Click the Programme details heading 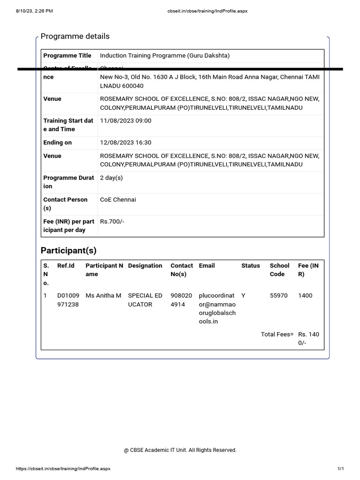(x=75, y=37)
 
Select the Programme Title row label (x=67, y=56)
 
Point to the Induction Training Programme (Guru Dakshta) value (x=165, y=56)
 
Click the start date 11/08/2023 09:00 (x=126, y=121)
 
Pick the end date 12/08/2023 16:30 (x=126, y=142)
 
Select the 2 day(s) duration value (x=112, y=178)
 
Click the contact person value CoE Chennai (x=118, y=200)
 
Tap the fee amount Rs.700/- (x=112, y=221)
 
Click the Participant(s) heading (x=68, y=250)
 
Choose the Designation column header (x=145, y=266)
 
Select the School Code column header (x=279, y=270)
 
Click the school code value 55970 (x=279, y=296)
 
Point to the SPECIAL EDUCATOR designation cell (x=145, y=300)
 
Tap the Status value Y (x=243, y=296)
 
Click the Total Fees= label (x=277, y=335)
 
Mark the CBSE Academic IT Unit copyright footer (x=180, y=450)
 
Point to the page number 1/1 (x=341, y=469)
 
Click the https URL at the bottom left (x=63, y=469)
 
